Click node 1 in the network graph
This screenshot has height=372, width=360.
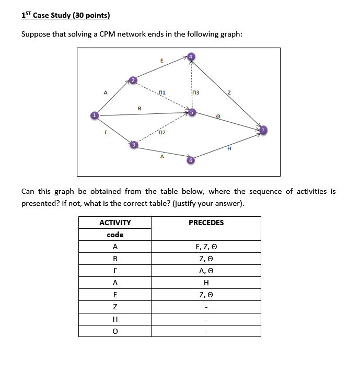(x=95, y=115)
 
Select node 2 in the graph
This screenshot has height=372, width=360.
(x=133, y=80)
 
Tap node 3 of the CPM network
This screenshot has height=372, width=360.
(x=134, y=144)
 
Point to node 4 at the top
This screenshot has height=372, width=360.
(x=191, y=56)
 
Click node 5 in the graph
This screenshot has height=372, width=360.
(x=192, y=112)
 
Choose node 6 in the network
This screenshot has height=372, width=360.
(x=191, y=160)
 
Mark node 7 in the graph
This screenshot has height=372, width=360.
(x=264, y=130)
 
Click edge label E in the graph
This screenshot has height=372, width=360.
(x=161, y=61)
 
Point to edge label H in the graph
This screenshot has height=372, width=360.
(x=229, y=148)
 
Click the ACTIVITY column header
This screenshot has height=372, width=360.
(x=115, y=223)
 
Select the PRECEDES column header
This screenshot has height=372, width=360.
(x=206, y=223)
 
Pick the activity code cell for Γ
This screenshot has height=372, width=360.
(x=115, y=271)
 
